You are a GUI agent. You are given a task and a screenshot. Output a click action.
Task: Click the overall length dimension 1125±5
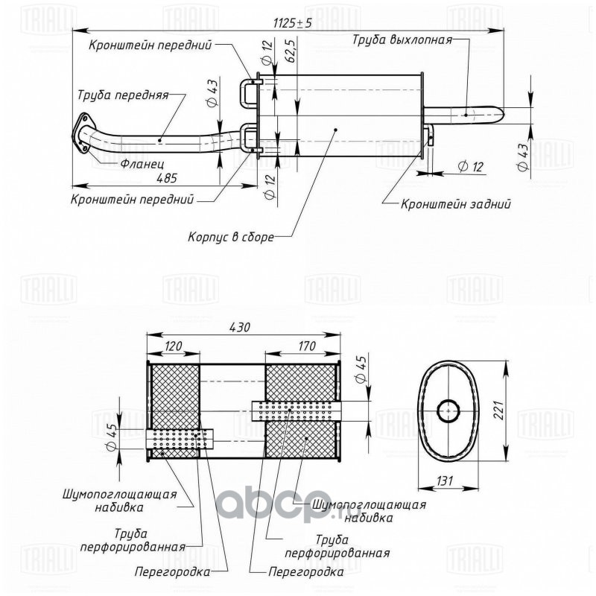coord(292,23)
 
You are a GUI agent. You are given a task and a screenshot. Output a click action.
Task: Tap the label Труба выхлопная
coord(402,40)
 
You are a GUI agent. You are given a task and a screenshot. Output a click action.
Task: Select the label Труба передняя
coord(123,95)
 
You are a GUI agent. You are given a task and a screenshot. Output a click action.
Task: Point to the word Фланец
coord(142,164)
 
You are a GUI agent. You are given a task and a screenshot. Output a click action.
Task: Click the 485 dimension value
coord(167,178)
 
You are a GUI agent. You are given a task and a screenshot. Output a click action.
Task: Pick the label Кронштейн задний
coord(456,204)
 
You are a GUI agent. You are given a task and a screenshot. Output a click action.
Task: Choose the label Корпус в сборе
coord(231,237)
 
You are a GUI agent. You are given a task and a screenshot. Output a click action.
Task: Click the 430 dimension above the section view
coord(240,327)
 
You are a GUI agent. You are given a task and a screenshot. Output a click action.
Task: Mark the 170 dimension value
coord(307,346)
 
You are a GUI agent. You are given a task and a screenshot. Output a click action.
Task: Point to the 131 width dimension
coord(444,481)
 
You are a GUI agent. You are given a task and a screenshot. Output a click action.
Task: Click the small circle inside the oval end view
coord(448,411)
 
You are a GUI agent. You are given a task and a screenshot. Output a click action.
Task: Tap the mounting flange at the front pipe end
coord(81,133)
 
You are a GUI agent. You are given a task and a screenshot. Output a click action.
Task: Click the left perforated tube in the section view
coord(180,439)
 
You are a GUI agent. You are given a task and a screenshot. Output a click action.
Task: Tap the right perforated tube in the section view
coord(296,411)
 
